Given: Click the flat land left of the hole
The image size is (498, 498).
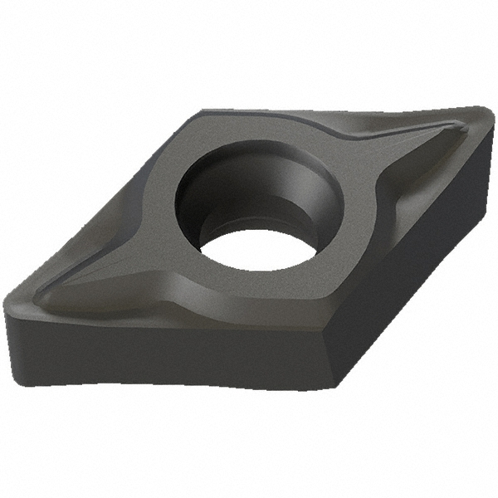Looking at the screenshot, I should point(154,216).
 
